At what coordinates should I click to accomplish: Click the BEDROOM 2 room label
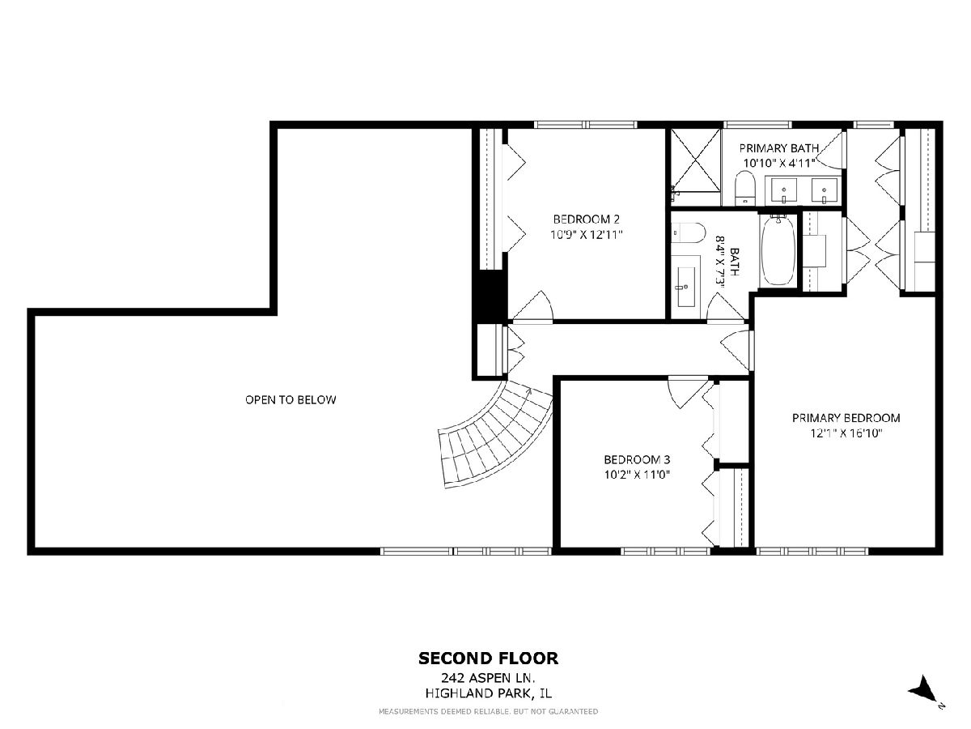[586, 219]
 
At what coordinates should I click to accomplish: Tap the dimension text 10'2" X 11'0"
[637, 475]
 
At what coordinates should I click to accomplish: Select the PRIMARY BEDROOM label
[846, 418]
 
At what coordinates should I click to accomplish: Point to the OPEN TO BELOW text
[290, 399]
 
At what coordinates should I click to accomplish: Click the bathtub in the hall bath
[778, 250]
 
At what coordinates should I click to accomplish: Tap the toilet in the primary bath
[745, 189]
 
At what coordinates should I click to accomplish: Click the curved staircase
[495, 434]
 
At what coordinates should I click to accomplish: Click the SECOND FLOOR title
[489, 659]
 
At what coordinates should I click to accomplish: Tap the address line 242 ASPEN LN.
[489, 678]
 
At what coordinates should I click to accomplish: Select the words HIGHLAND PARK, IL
[489, 693]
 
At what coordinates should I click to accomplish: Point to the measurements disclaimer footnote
[489, 711]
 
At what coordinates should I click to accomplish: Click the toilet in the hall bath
[688, 232]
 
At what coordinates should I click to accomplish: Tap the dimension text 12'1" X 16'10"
[846, 433]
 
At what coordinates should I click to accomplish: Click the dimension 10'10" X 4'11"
[779, 164]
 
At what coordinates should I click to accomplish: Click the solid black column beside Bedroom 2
[490, 294]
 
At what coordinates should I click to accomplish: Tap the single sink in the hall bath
[685, 288]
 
